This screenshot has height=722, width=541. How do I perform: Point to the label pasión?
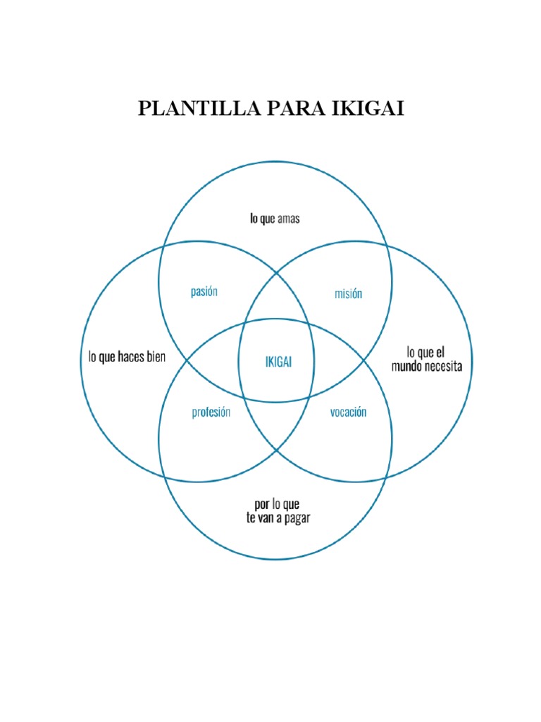coord(204,291)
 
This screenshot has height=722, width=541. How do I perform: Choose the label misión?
coord(348,293)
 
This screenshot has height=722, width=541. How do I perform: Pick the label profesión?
coord(211,413)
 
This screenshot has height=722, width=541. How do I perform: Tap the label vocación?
coord(348,412)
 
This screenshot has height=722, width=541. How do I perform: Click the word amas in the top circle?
coord(288,219)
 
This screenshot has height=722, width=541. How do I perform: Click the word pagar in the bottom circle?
coord(295,519)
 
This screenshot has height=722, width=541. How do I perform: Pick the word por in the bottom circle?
coord(261,505)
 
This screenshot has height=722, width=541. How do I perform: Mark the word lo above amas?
coord(254,219)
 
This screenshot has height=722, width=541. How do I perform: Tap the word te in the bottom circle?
coord(246,519)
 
